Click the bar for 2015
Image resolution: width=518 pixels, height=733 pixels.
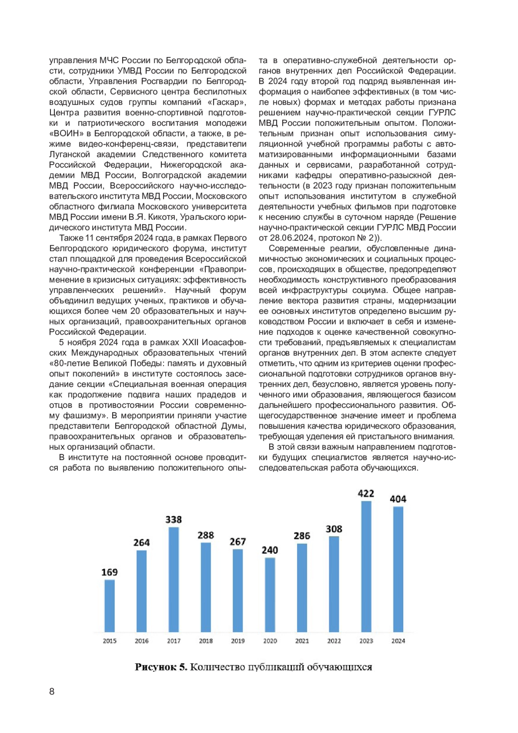coord(110,606)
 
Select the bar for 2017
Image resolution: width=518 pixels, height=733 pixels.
coord(174,580)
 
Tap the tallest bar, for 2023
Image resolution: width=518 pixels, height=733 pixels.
coord(366,567)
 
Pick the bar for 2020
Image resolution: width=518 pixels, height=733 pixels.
coord(270,595)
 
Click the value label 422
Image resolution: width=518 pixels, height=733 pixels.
coord(366,493)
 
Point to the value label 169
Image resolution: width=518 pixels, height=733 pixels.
coord(110,572)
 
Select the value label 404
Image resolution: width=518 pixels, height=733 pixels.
coord(398,499)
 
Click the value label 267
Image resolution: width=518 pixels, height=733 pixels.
coord(238,542)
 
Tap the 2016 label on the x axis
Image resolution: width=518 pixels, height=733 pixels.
coord(142,641)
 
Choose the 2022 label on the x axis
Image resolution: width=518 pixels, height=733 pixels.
coord(334,641)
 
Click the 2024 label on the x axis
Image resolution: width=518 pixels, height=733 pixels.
coord(398,641)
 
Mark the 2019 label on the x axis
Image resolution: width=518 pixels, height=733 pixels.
coord(238,641)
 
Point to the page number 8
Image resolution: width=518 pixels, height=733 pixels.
coord(52,692)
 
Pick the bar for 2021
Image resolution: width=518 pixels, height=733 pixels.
coord(302,588)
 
